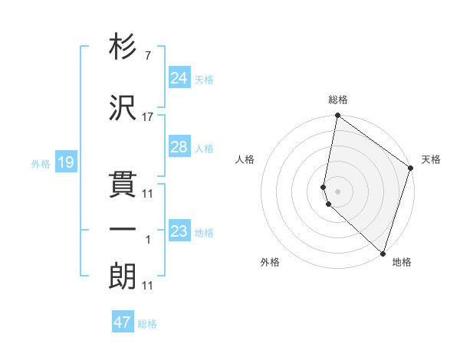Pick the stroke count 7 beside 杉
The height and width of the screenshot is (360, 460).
tap(148, 57)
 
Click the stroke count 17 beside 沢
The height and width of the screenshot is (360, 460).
tap(148, 117)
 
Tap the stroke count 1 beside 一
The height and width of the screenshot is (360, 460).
tap(148, 240)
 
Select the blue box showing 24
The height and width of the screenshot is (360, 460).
tap(179, 78)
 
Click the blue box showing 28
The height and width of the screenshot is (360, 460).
tap(179, 147)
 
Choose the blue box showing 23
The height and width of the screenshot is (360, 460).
tap(179, 231)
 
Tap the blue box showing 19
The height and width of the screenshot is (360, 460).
tap(65, 162)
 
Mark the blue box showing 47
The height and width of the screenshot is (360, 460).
tap(123, 322)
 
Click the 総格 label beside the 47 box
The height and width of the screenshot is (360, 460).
tap(148, 324)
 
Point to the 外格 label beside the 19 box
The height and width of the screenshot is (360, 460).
tap(41, 163)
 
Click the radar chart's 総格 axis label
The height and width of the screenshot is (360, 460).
tap(338, 100)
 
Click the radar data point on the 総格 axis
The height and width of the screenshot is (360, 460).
tap(337, 116)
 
